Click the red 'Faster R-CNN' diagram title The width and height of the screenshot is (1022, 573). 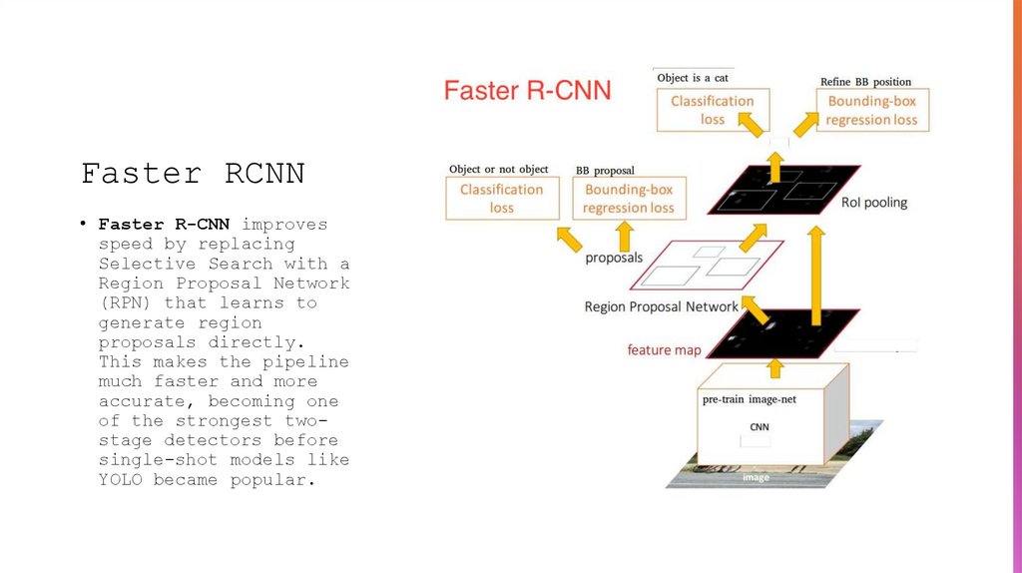click(x=527, y=91)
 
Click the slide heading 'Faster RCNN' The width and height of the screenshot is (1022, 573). click(x=192, y=174)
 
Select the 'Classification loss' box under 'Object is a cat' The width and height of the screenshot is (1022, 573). click(x=712, y=110)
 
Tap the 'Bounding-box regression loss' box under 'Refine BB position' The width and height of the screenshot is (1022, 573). click(x=871, y=110)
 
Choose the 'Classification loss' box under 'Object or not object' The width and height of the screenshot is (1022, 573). click(x=501, y=198)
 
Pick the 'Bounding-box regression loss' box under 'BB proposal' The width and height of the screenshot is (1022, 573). click(x=628, y=198)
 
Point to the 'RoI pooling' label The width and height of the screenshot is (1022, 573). click(x=873, y=203)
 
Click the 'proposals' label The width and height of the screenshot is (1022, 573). click(x=613, y=258)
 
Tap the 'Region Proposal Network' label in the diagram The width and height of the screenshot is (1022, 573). click(x=661, y=306)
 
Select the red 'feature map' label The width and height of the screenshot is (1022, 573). click(x=664, y=350)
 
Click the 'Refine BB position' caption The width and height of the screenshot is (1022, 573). click(x=865, y=82)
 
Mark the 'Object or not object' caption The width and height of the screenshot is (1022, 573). click(x=498, y=169)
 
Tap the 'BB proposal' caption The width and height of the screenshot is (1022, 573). click(x=605, y=171)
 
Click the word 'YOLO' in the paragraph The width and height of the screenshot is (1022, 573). click(x=121, y=479)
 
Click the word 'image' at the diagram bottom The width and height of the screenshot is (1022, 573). click(x=756, y=478)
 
